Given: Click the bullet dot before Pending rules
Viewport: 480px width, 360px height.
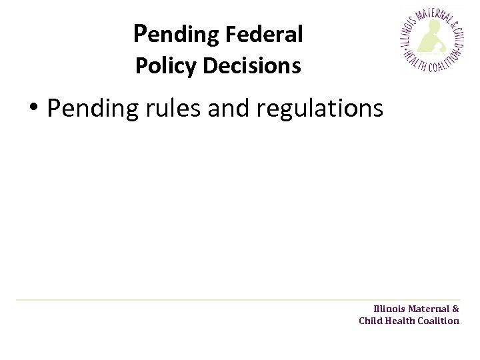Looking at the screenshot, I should pos(33,109).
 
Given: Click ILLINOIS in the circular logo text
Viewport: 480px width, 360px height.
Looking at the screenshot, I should pos(406,33).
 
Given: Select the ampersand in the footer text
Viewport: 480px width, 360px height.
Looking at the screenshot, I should pos(456,309).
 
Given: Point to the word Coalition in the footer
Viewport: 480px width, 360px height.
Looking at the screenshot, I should pos(439,321).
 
